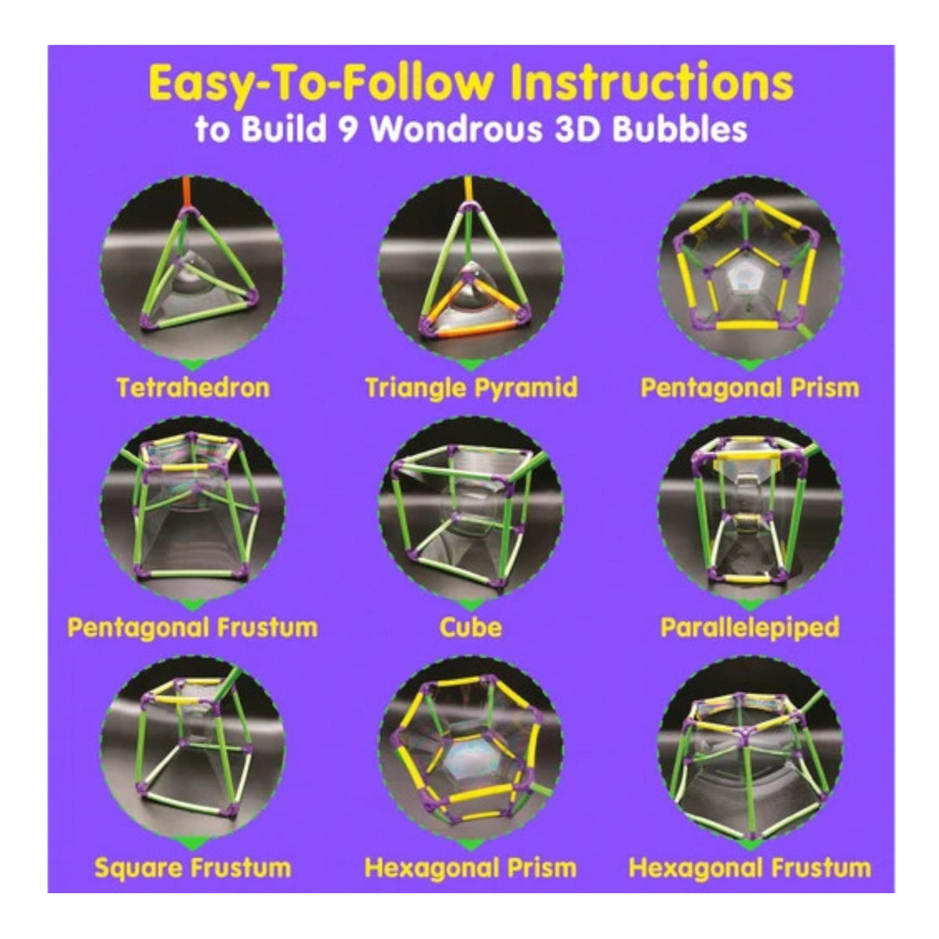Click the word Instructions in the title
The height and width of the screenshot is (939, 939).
(652, 83)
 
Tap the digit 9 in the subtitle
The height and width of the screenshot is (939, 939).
(348, 129)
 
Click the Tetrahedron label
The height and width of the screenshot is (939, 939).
(193, 388)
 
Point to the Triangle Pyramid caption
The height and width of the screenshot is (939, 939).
(471, 388)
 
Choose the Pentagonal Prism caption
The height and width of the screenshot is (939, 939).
(749, 388)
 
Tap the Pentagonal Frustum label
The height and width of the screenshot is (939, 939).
(192, 628)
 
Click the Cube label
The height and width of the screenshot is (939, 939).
(470, 628)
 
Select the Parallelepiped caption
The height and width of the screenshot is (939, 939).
(749, 628)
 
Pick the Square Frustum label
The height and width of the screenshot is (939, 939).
(193, 868)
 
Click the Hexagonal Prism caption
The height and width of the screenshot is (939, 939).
(470, 868)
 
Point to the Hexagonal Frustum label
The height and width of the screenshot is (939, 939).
(749, 868)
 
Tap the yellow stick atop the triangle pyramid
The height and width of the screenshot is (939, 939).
(468, 189)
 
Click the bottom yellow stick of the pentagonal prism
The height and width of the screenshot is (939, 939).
(746, 325)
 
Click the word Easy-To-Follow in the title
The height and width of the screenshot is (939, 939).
(321, 83)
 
